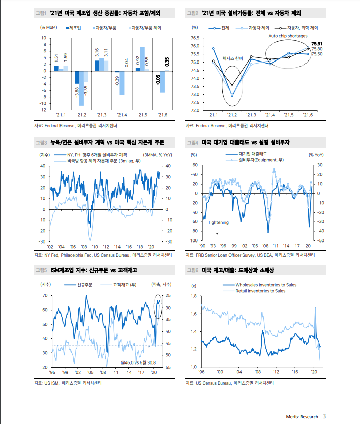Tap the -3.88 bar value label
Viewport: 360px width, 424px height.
[77, 92]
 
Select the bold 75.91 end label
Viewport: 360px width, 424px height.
[317, 44]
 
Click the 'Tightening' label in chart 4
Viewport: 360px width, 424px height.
[218, 222]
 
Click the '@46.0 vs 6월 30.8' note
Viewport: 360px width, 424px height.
[139, 362]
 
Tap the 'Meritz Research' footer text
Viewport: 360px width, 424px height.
[301, 416]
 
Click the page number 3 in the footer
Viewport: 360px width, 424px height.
[324, 416]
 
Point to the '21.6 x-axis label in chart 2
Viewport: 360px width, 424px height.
[307, 116]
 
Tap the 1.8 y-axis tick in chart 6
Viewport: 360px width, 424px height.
[194, 296]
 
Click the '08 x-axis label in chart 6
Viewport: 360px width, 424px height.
[257, 372]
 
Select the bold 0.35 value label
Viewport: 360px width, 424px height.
[167, 62]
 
